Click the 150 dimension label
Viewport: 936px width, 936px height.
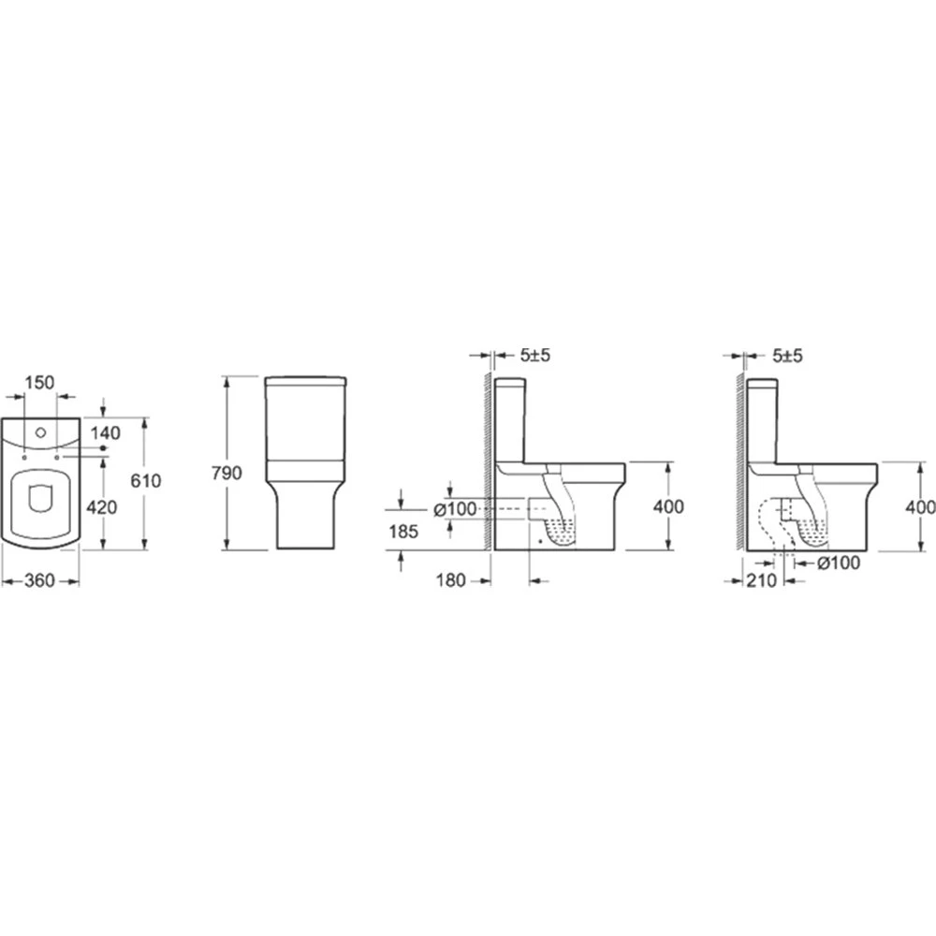pyautogui.click(x=40, y=382)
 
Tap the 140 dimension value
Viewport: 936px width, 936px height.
pyautogui.click(x=105, y=432)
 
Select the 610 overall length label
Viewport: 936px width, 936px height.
pyautogui.click(x=146, y=480)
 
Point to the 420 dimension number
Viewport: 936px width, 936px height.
pyautogui.click(x=102, y=507)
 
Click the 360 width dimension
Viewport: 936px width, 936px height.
pyautogui.click(x=39, y=580)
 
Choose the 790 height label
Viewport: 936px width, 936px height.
pyautogui.click(x=227, y=473)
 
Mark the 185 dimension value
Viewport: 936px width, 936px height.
pyautogui.click(x=403, y=532)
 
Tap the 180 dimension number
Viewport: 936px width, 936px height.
pyautogui.click(x=451, y=580)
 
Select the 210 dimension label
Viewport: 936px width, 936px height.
pyautogui.click(x=762, y=580)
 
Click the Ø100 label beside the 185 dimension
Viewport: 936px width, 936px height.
pyautogui.click(x=455, y=508)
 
